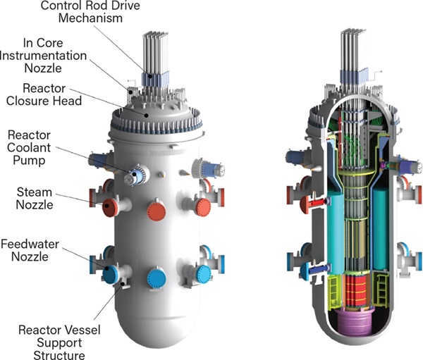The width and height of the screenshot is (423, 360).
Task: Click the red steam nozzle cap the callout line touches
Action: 108,206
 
